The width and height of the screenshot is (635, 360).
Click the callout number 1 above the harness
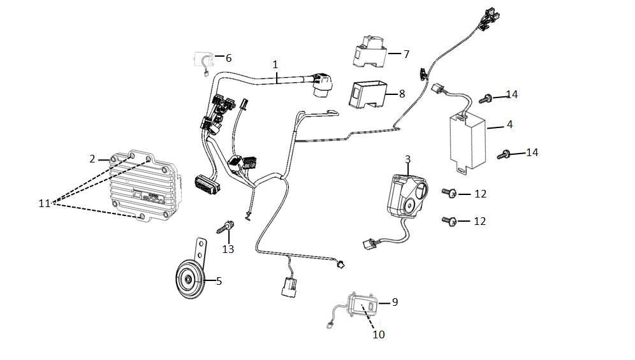click(275, 64)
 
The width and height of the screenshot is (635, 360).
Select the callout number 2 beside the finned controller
click(92, 159)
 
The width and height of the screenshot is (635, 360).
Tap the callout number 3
click(408, 159)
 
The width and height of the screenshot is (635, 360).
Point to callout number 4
click(509, 125)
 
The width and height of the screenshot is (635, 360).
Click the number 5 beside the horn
click(219, 281)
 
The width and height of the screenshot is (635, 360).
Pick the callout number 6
click(229, 59)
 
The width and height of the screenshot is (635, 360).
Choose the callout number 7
click(407, 54)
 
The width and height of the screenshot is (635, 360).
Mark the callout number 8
click(402, 94)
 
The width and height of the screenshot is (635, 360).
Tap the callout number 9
click(395, 302)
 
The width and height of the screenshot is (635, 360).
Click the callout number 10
click(379, 335)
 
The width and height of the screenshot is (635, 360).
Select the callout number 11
click(45, 203)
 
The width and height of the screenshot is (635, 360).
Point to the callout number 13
click(228, 249)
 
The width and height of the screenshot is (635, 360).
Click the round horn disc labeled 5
click(190, 280)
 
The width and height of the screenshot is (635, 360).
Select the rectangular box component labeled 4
click(468, 141)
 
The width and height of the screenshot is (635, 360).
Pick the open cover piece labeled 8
click(368, 95)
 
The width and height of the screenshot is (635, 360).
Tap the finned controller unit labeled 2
click(145, 187)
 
